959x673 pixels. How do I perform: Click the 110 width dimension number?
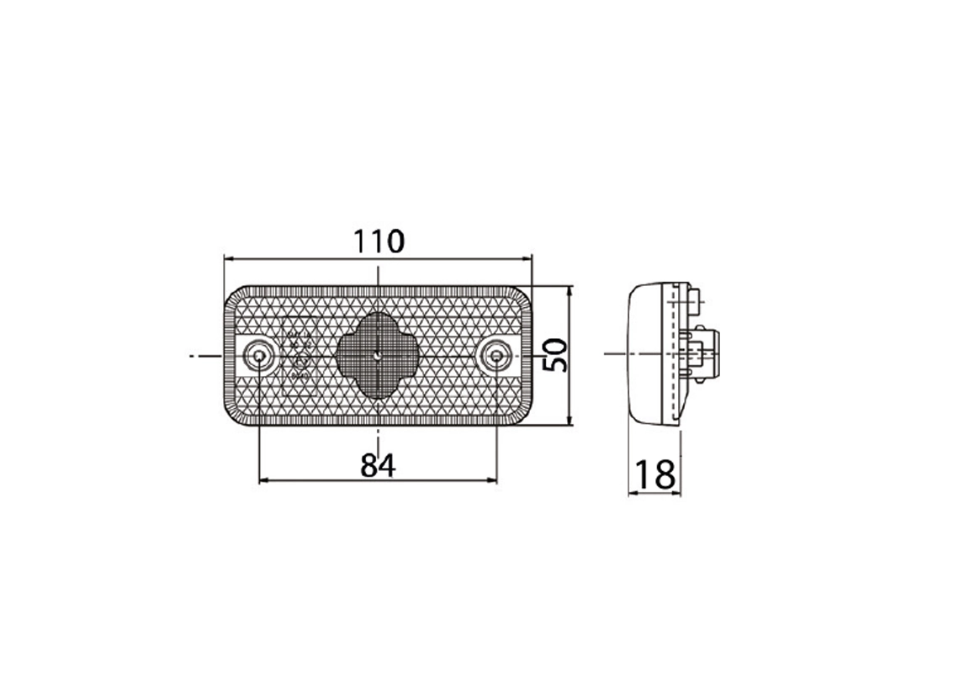(378, 241)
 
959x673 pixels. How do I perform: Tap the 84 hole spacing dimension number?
(378, 464)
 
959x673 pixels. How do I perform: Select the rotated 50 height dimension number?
(556, 356)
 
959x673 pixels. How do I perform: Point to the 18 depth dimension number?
(654, 474)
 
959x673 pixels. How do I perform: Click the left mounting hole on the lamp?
(259, 357)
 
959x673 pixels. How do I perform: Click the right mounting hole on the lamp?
(497, 357)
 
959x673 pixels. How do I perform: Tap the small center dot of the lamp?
(379, 356)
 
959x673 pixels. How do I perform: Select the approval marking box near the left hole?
(297, 356)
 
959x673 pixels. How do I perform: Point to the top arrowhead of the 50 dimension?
(570, 291)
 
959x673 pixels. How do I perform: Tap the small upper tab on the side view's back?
(695, 296)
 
